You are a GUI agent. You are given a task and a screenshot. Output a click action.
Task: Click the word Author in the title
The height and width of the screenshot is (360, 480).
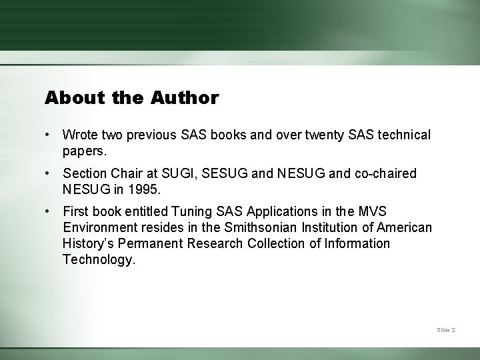point(185,98)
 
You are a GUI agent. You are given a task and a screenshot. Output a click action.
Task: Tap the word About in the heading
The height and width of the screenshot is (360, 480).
point(65,98)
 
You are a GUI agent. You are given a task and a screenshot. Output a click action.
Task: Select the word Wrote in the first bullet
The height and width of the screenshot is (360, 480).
point(81,135)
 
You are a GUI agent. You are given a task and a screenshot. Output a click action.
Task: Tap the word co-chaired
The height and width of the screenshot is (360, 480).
point(385,173)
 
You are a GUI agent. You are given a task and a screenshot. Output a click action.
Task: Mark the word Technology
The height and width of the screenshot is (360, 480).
point(99,259)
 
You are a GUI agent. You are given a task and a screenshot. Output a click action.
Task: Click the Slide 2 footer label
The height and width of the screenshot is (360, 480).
point(446,330)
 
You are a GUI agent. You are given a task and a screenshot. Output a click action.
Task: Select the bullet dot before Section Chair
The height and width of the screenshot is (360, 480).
point(49,173)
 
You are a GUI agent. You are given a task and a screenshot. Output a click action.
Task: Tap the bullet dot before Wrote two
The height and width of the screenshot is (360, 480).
point(49,135)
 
